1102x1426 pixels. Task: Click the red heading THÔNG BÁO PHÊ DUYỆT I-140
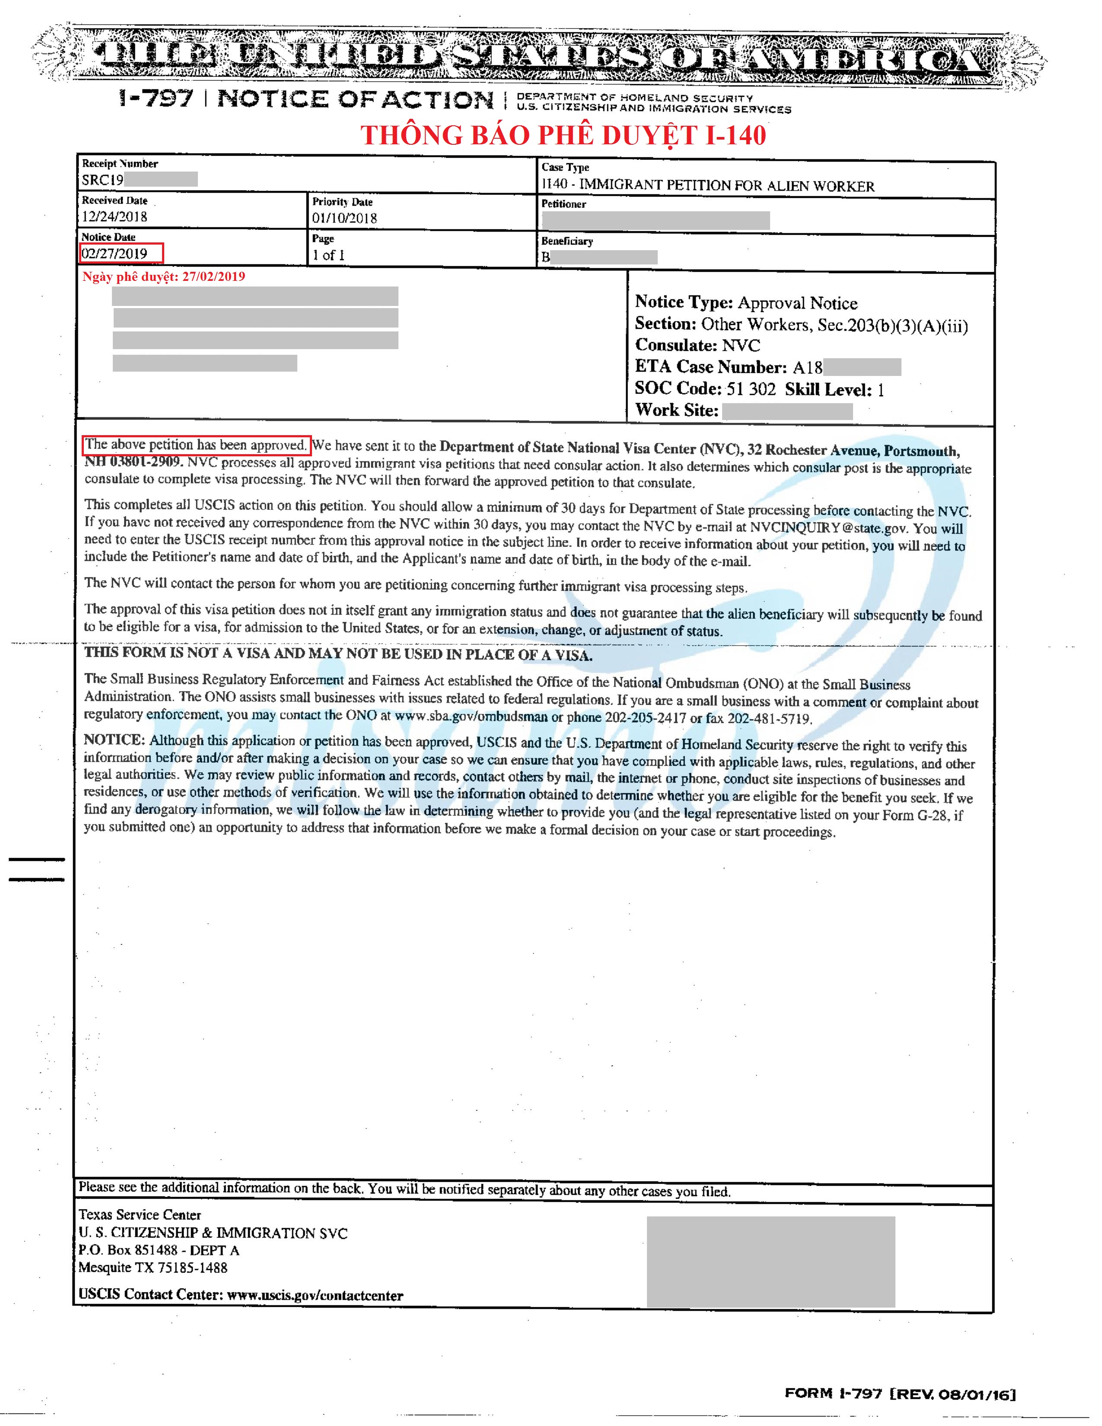click(563, 135)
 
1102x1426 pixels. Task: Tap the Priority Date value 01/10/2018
click(344, 218)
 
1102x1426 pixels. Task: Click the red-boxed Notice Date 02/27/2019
click(115, 253)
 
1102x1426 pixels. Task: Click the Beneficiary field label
click(567, 241)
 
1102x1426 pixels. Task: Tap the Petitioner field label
click(564, 204)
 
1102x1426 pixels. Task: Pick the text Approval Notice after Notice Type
click(797, 303)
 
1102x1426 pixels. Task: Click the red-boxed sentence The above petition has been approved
click(196, 445)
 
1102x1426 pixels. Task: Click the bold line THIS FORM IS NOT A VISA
click(338, 654)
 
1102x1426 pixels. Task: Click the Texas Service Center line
click(140, 1214)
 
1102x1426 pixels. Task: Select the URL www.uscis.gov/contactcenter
click(315, 1295)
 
